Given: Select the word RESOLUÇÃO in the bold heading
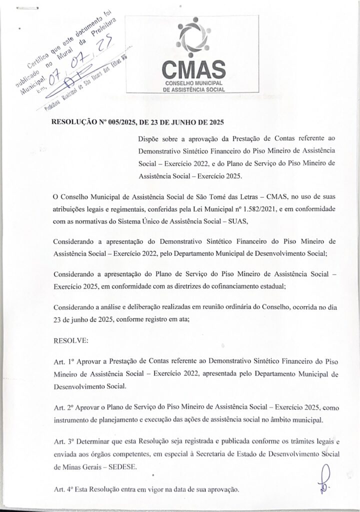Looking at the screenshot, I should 73,122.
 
